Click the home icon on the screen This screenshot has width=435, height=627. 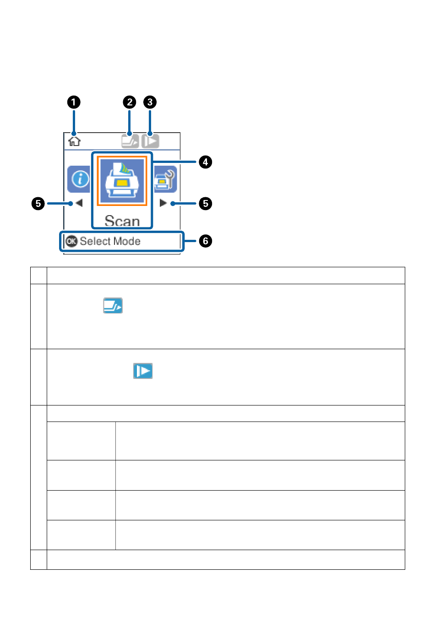click(74, 141)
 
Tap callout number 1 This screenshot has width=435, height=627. click(74, 102)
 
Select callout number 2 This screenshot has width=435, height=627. click(130, 102)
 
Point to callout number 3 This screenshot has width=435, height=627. click(150, 102)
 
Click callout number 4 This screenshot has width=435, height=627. click(205, 162)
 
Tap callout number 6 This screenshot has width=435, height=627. click(205, 241)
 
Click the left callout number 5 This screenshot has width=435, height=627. click(38, 204)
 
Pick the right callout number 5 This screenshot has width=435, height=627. click(205, 204)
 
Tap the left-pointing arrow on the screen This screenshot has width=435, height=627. click(79, 203)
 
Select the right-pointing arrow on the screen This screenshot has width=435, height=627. click(163, 203)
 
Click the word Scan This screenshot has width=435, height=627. click(122, 221)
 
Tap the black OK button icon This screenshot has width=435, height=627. click(71, 241)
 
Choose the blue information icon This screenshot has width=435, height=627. click(79, 179)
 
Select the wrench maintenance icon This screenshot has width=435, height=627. click(165, 179)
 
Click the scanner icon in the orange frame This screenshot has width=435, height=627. click(122, 181)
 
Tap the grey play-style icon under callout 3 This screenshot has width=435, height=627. click(150, 141)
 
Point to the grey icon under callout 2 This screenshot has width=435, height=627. click(130, 141)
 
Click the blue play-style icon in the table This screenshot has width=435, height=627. click(143, 371)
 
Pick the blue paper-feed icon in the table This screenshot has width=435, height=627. click(113, 305)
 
